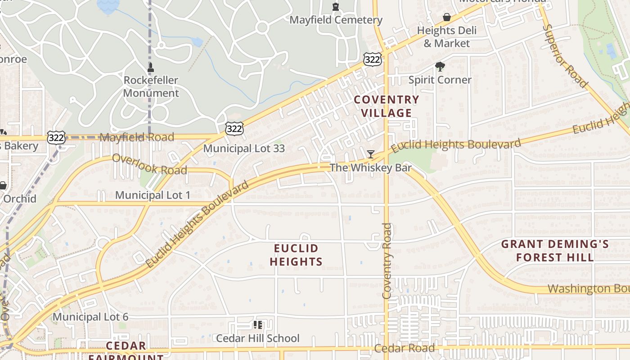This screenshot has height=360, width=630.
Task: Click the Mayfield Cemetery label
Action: tap(336, 20)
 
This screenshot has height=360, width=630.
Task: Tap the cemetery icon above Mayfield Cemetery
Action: tap(336, 7)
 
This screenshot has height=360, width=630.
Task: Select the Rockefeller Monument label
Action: tap(151, 87)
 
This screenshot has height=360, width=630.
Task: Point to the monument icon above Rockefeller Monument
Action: tap(151, 68)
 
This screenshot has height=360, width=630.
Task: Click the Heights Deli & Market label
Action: tap(446, 37)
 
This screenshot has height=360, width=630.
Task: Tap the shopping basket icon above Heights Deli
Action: tap(447, 18)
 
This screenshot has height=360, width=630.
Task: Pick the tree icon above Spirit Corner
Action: tap(440, 67)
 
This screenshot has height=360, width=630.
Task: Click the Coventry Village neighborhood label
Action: tap(386, 106)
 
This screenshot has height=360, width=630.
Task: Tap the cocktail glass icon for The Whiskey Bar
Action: tap(370, 154)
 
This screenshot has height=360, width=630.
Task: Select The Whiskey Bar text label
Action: tap(370, 168)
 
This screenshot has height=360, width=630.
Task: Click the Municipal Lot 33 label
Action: tap(244, 148)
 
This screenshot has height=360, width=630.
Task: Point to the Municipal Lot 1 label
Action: tap(153, 195)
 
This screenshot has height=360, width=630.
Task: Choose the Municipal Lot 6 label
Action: tap(90, 317)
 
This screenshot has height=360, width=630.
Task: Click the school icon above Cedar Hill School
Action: tap(258, 324)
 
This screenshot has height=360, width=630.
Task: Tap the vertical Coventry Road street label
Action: tap(387, 261)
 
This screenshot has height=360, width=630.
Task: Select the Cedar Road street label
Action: tap(405, 348)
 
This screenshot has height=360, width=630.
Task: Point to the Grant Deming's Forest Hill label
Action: tap(555, 251)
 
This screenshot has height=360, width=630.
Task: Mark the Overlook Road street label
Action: tap(149, 164)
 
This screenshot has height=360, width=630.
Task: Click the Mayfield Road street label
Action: tap(136, 137)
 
